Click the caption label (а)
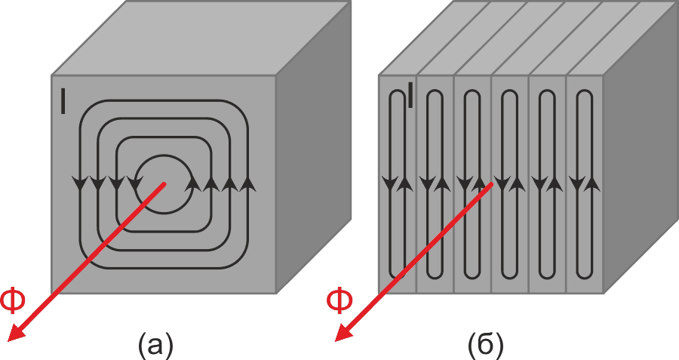[155, 345]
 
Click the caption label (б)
[486, 345]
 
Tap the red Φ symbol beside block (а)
[13, 300]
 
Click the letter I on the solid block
[63, 101]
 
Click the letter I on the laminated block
[410, 95]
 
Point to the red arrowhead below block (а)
[17, 332]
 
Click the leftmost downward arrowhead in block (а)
[79, 183]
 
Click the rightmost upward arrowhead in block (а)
[247, 183]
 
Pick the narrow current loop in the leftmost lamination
[391, 184]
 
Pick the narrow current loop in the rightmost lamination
[577, 184]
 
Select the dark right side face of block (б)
[641, 147]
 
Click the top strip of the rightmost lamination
[622, 38]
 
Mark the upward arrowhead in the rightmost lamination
[592, 183]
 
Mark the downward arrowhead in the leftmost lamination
[391, 183]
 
